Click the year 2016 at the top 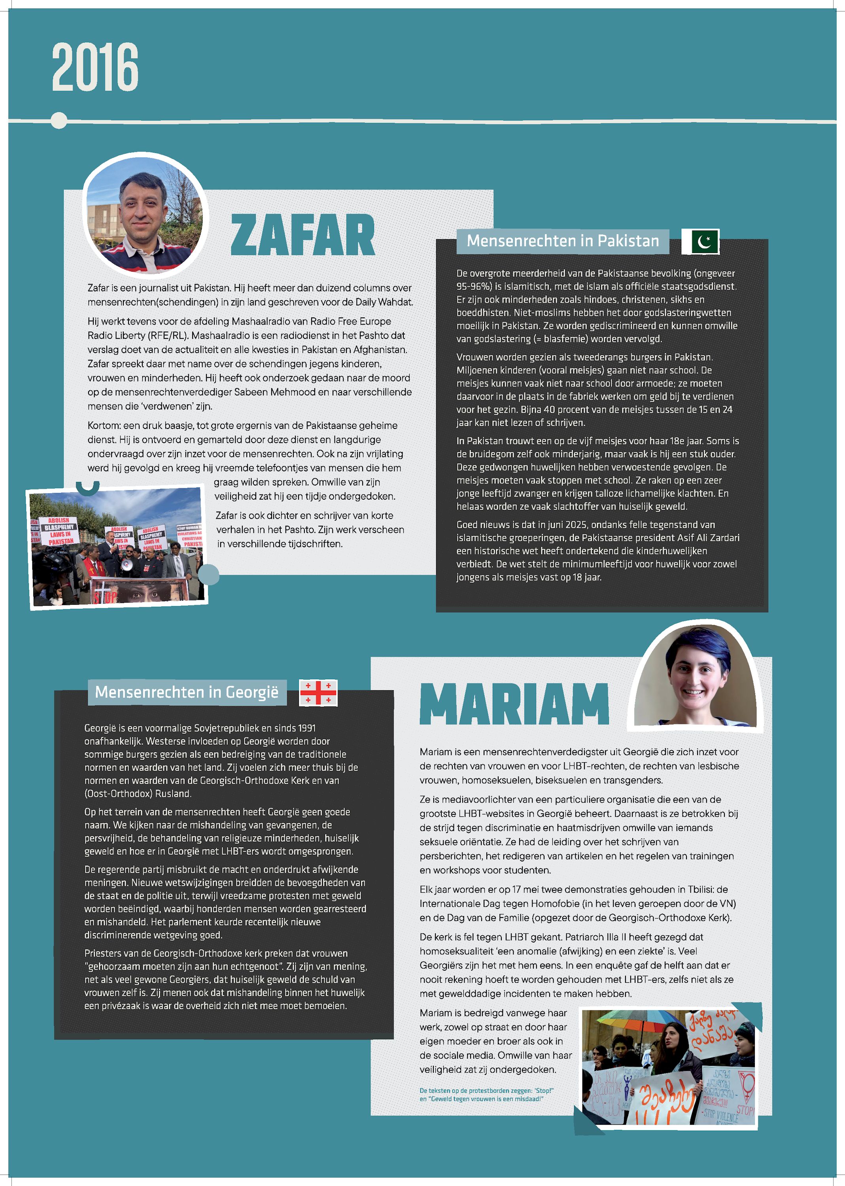pos(95,67)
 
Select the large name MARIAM pos(514,704)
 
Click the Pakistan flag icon pos(700,242)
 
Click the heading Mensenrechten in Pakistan pos(562,241)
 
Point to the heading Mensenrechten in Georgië pos(187,692)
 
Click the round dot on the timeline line pos(59,120)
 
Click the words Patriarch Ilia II pos(594,937)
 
